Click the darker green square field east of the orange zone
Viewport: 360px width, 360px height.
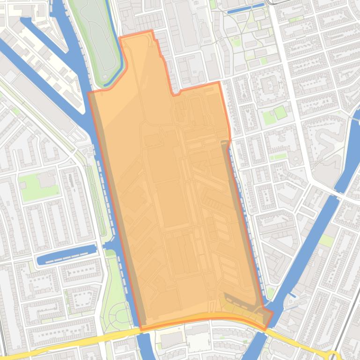(279, 113)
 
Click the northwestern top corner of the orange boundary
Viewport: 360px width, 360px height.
(120, 37)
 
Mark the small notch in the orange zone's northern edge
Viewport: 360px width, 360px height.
(176, 93)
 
